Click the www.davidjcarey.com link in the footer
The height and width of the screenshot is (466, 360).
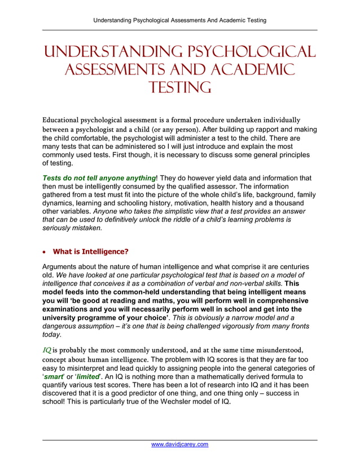180,444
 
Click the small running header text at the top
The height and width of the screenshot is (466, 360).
179,20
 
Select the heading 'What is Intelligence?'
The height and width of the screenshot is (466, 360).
90,252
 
